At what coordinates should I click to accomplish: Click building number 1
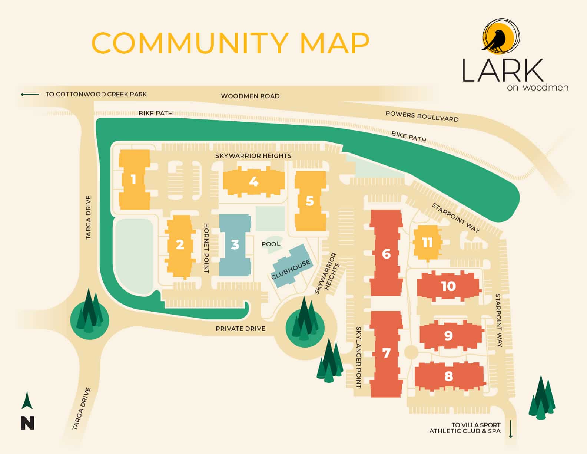134,180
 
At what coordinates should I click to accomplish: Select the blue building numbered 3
235,245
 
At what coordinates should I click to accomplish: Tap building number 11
427,243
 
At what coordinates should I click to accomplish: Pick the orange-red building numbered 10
448,286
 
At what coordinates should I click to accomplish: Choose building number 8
448,376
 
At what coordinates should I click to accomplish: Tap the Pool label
271,244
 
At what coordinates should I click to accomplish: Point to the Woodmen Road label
250,96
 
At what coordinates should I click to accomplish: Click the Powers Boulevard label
422,116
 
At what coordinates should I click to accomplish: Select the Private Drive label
241,329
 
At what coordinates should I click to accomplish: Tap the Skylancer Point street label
358,357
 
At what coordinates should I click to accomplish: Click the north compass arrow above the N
27,401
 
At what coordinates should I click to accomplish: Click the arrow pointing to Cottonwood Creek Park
30,95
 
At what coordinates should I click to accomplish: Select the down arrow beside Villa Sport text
511,429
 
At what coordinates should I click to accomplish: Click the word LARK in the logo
502,70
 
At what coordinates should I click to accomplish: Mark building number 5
310,201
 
